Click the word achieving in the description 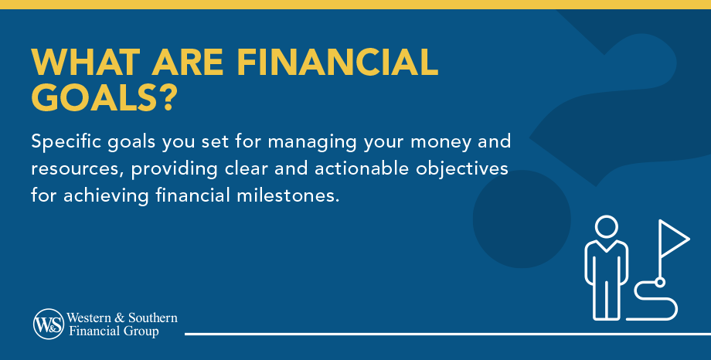pos(100,194)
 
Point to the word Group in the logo pos(144,331)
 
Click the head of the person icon pos(606,228)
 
